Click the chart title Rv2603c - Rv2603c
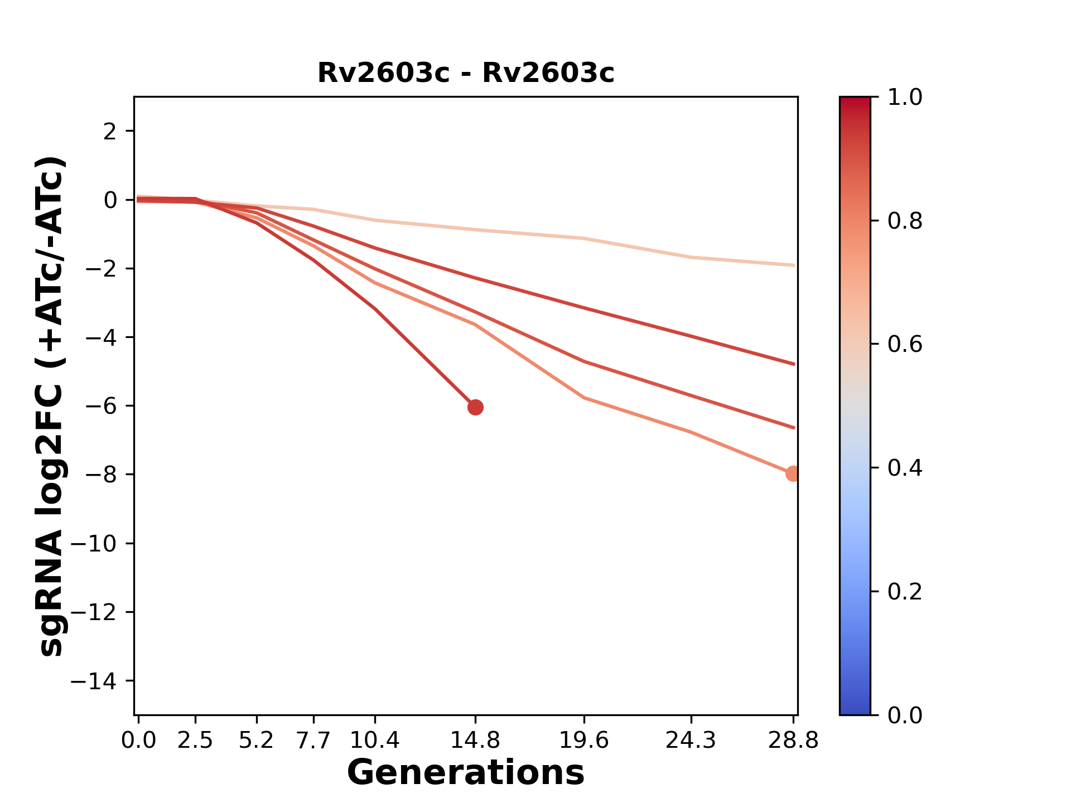pyautogui.click(x=466, y=73)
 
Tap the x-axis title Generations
pyautogui.click(x=466, y=773)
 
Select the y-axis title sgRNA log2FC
pyautogui.click(x=52, y=406)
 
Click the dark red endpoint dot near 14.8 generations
pyautogui.click(x=475, y=408)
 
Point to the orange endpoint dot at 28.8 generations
pyautogui.click(x=793, y=474)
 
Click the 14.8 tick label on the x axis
pyautogui.click(x=475, y=741)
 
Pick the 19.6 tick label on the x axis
pyautogui.click(x=584, y=741)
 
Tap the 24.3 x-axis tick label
pyautogui.click(x=691, y=741)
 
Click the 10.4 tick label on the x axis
pyautogui.click(x=375, y=741)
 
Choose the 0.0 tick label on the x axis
pyautogui.click(x=139, y=741)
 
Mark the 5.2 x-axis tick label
pyautogui.click(x=256, y=741)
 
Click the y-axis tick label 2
pyautogui.click(x=110, y=132)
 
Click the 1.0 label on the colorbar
pyautogui.click(x=905, y=98)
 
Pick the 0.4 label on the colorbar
pyautogui.click(x=905, y=468)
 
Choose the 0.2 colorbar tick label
pyautogui.click(x=905, y=592)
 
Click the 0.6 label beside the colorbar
pyautogui.click(x=905, y=345)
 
